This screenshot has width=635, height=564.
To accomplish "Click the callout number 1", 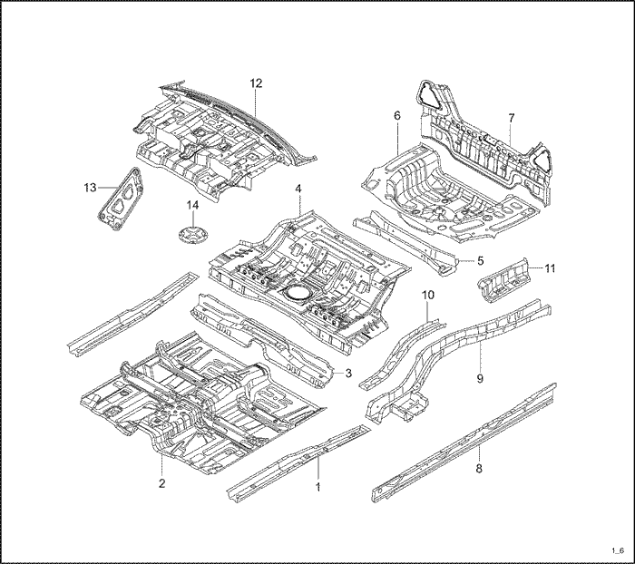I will [318, 486].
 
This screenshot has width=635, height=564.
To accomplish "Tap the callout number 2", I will [161, 483].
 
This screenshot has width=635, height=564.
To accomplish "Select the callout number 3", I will [347, 373].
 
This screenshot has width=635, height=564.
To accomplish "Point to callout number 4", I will [298, 189].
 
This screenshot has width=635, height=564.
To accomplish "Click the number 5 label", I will [481, 260].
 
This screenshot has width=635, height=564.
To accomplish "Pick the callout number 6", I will [396, 116].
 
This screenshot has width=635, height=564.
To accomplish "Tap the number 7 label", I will [511, 119].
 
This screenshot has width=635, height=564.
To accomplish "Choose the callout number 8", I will [479, 468].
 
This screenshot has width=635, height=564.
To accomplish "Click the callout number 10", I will [429, 296].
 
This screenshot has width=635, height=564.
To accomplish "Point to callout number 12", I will [256, 83].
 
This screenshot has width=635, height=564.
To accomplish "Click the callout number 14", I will [192, 205].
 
